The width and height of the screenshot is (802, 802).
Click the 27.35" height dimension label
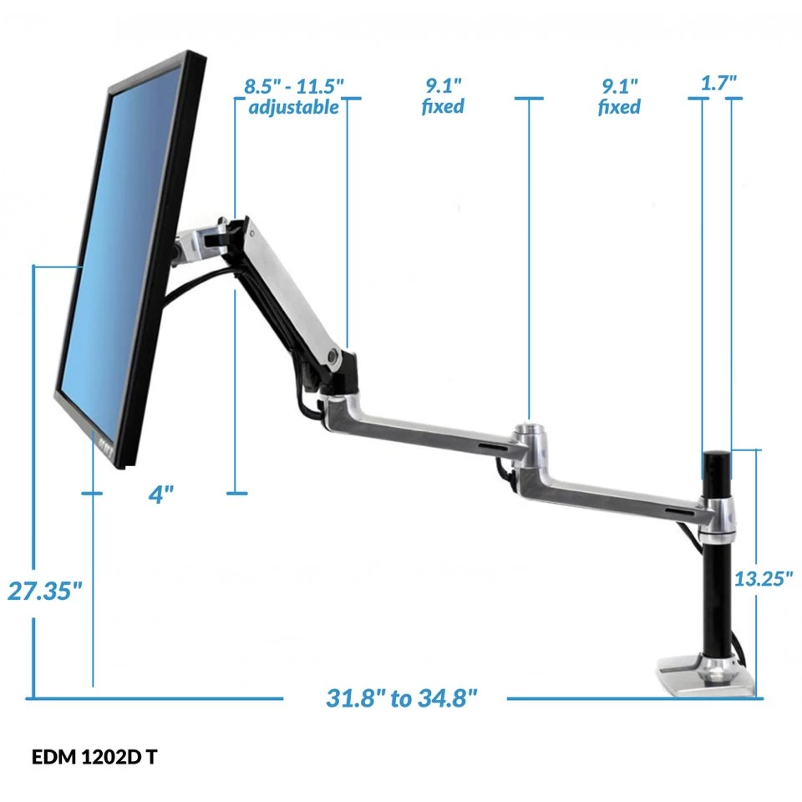coord(45,591)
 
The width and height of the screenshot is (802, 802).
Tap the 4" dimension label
coord(161,495)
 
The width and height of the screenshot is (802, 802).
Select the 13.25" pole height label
coord(763,579)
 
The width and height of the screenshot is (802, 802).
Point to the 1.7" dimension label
coord(718,83)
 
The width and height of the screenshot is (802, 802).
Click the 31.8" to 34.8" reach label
coord(402,698)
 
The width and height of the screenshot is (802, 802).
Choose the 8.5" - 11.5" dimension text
coord(293,86)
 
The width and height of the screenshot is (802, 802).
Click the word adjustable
coord(293,108)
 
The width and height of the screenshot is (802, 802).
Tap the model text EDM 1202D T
coord(94,757)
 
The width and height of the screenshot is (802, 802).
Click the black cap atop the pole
coord(717,465)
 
